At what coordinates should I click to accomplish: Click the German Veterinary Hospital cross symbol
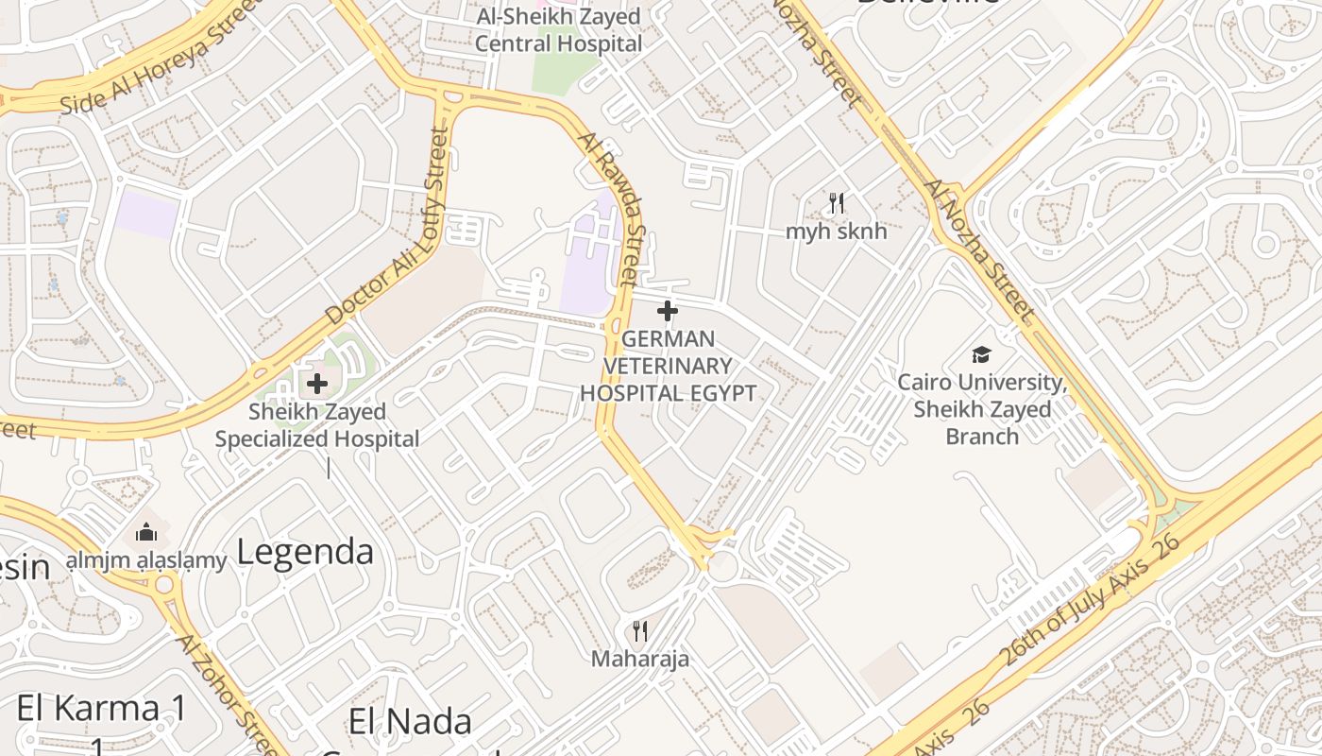(x=667, y=310)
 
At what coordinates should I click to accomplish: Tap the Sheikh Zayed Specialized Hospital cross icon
(x=317, y=384)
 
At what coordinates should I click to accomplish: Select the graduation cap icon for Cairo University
(x=982, y=355)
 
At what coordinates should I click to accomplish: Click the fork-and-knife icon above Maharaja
(x=640, y=630)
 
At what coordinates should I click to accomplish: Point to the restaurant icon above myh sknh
(x=836, y=202)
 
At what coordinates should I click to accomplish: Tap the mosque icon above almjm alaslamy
(x=145, y=533)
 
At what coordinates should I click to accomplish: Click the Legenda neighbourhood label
(x=305, y=552)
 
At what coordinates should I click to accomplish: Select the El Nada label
(x=410, y=722)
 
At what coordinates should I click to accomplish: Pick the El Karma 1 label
(x=102, y=709)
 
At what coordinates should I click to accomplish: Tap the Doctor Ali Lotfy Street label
(x=387, y=227)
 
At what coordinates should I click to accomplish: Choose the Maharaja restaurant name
(x=640, y=659)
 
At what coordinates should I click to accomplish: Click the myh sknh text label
(x=837, y=231)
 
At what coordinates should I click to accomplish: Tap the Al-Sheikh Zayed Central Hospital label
(x=559, y=30)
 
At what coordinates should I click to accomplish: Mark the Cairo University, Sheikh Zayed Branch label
(x=982, y=409)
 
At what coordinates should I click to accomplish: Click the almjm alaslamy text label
(x=146, y=560)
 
